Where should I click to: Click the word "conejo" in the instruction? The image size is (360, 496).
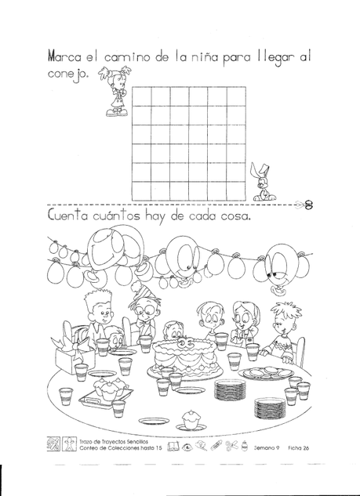coord(68,74)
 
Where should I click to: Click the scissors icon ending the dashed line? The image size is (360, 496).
coord(308,205)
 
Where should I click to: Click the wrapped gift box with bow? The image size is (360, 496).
coord(74,351)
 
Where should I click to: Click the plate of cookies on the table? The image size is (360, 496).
coord(266,373)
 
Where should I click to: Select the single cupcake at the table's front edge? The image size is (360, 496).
coord(191,421)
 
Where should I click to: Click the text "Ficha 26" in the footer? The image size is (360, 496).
coord(298,447)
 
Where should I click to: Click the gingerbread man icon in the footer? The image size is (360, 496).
coord(69,444)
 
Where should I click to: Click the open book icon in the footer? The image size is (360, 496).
coord(173,447)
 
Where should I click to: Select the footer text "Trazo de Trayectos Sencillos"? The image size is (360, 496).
coord(114,441)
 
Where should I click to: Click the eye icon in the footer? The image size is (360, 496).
coord(187,447)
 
